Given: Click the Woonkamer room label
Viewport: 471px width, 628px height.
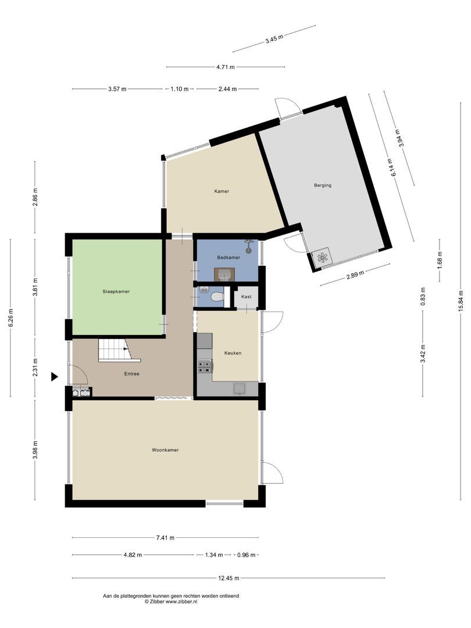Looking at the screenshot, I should pyautogui.click(x=165, y=450).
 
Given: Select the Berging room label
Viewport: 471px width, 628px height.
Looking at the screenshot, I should pyautogui.click(x=322, y=185).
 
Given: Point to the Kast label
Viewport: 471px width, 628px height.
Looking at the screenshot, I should pyautogui.click(x=247, y=297).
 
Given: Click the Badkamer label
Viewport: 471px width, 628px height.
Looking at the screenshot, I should pyautogui.click(x=229, y=257).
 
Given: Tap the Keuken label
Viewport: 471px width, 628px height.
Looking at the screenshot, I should pyautogui.click(x=233, y=353).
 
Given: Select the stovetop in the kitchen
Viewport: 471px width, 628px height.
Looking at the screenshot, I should pyautogui.click(x=205, y=366).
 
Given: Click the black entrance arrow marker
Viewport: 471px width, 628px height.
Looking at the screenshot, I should pyautogui.click(x=55, y=377).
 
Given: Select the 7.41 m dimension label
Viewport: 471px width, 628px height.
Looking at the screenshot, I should pyautogui.click(x=165, y=538).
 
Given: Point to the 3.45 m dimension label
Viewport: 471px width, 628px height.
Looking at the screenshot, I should pyautogui.click(x=274, y=40).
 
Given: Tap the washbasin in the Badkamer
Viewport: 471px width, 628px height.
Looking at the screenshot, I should pyautogui.click(x=224, y=274).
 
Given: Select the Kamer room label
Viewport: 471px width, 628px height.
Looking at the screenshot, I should pyautogui.click(x=221, y=191).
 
